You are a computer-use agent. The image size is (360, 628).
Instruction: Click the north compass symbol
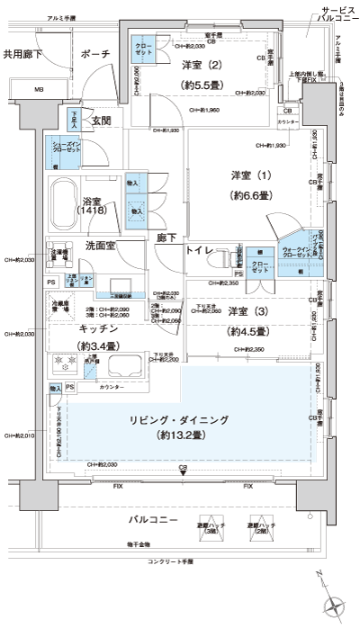click(x=335, y=606)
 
